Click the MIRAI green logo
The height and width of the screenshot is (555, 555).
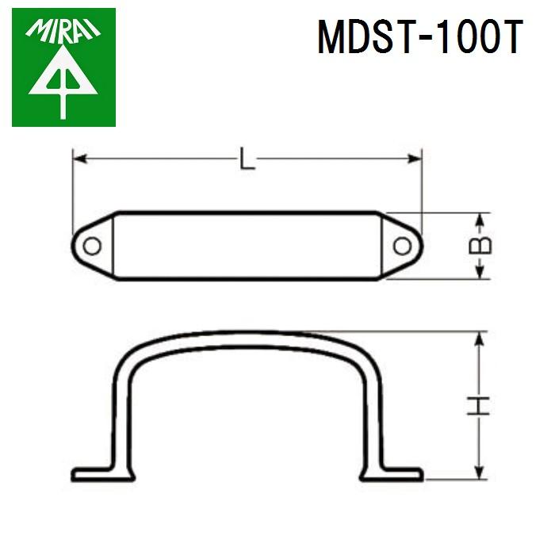63,67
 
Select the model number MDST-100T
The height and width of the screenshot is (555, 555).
420,36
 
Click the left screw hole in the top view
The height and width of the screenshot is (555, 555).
92,246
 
